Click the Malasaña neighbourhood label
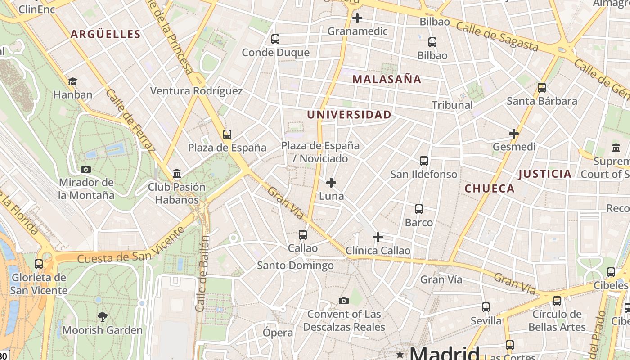coord(387,80)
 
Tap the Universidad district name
coord(349,115)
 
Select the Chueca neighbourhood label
coord(490,189)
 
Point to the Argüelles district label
coord(106,34)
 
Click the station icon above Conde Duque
coord(275,39)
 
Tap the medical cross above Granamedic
coord(357,18)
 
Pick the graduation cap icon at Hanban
coord(72,81)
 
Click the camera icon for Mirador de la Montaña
coord(86,169)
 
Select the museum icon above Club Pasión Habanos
coord(177,173)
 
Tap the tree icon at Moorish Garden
coord(103,317)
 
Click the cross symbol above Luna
coord(331,183)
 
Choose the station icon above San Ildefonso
coord(423,161)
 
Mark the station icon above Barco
coord(419,209)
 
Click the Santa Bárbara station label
coord(542,101)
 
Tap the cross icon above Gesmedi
coord(514,134)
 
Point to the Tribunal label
coord(452,105)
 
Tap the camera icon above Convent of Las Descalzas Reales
coord(344,301)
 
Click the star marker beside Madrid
coord(400,354)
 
